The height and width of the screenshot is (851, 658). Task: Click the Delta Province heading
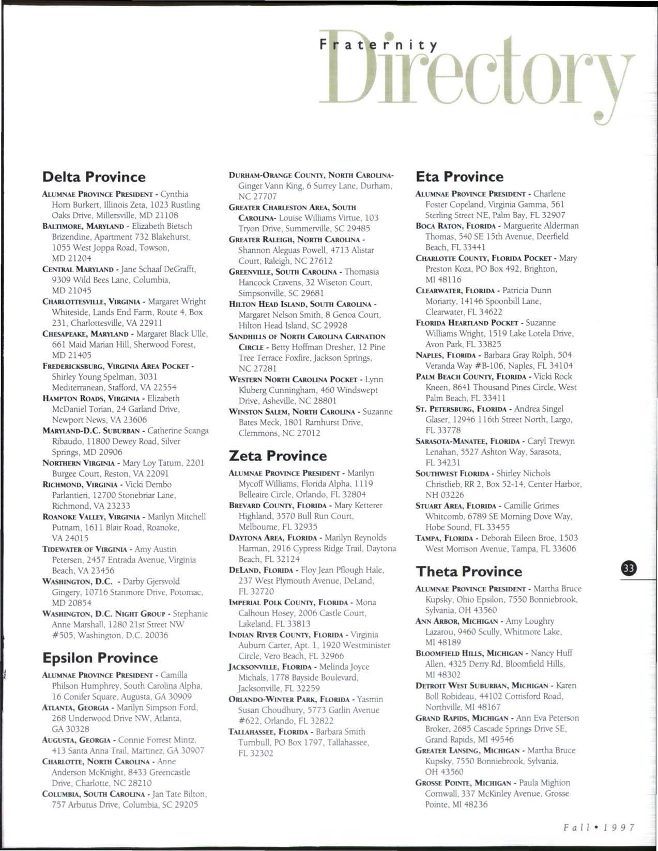point(94,177)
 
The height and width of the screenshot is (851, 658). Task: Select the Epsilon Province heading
point(100,658)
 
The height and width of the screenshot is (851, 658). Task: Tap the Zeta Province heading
point(278,456)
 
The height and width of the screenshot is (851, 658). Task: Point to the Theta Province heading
point(469,572)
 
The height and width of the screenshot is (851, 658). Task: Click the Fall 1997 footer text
point(599,827)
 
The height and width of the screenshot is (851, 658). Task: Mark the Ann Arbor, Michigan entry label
point(457,621)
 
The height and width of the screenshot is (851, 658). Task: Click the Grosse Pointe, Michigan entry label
point(464,783)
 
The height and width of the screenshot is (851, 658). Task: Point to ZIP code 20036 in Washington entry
point(156,635)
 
